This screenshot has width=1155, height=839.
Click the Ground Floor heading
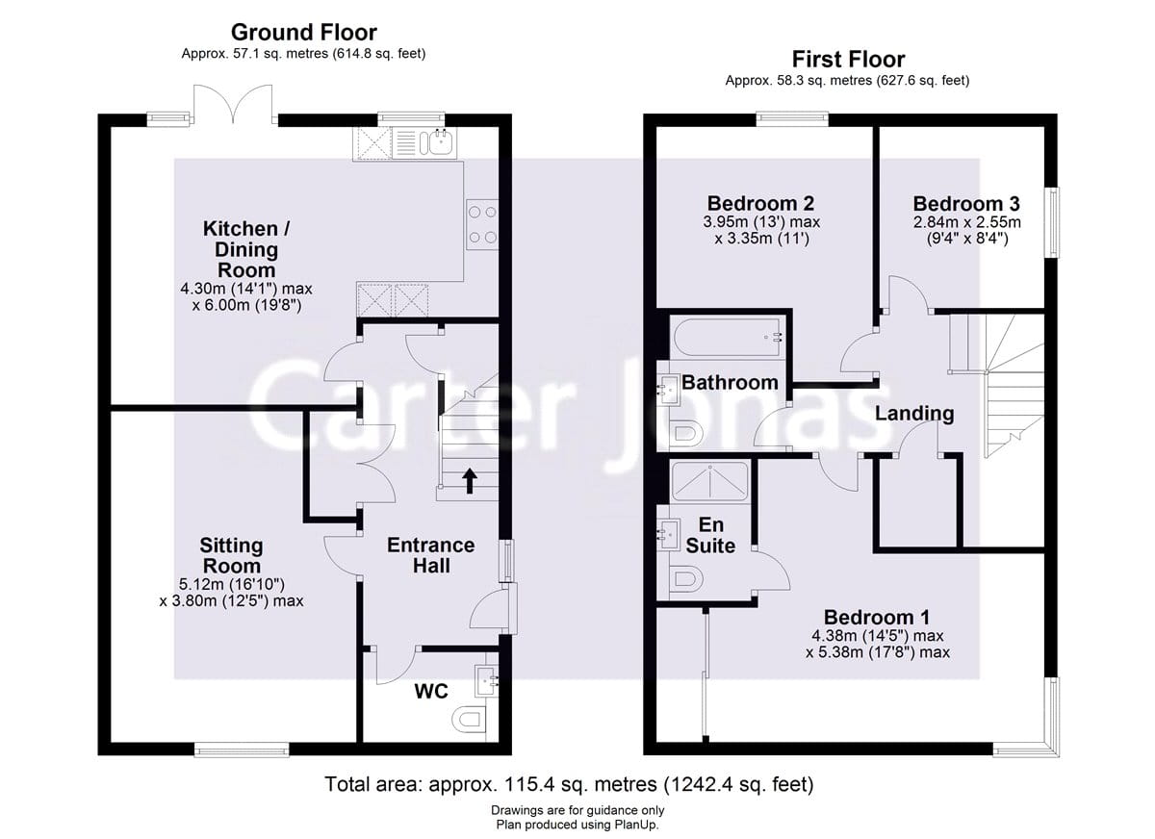pos(303,34)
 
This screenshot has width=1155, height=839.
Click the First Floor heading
pos(847,60)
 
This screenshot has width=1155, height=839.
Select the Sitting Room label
pos(231,555)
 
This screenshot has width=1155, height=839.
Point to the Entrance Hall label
pos(430,555)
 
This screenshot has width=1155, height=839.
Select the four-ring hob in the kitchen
pos(481,225)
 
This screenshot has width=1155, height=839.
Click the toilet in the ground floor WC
pos(468,719)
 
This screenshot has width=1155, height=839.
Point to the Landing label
pos(914,414)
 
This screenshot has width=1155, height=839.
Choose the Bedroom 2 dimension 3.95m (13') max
pos(760,222)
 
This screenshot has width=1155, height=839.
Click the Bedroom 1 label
pos(876,618)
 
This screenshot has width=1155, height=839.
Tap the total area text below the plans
pos(570,784)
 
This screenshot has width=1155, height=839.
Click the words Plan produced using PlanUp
pos(577,825)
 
